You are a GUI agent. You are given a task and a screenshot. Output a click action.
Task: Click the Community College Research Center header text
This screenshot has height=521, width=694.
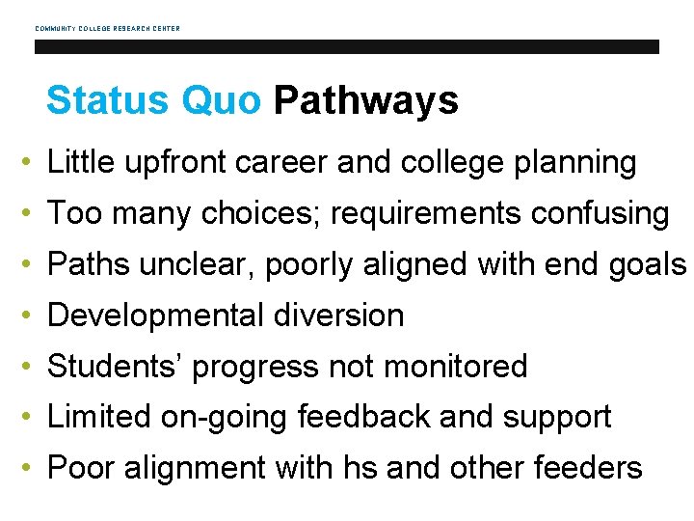click(x=107, y=28)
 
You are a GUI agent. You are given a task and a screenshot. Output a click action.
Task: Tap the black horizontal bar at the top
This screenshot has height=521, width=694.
click(x=346, y=46)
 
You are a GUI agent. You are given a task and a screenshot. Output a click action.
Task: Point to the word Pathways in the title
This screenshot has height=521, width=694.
click(x=365, y=100)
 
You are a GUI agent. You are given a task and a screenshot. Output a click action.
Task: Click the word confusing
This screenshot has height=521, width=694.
click(x=597, y=214)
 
